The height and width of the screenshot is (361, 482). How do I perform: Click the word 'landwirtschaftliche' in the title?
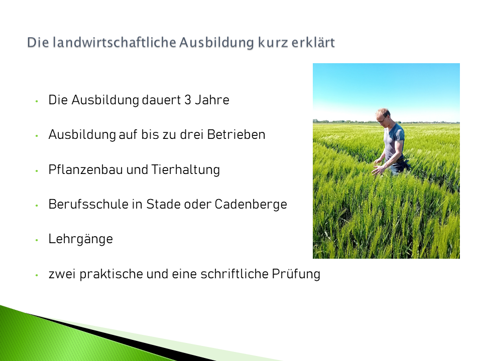(x=114, y=42)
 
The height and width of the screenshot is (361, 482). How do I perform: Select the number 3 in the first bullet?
(x=187, y=100)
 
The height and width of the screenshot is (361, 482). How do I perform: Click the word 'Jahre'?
(x=212, y=100)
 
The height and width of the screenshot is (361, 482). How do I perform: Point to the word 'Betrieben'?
(x=236, y=134)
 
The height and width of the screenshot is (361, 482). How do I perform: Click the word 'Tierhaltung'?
(x=186, y=170)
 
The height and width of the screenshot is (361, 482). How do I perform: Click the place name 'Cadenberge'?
(x=251, y=205)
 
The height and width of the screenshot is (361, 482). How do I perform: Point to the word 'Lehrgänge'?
(x=80, y=239)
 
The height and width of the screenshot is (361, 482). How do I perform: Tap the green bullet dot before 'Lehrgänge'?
(x=37, y=240)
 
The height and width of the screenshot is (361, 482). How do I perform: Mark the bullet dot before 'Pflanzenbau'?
(x=37, y=170)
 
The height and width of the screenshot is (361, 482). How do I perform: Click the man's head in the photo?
(x=383, y=115)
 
